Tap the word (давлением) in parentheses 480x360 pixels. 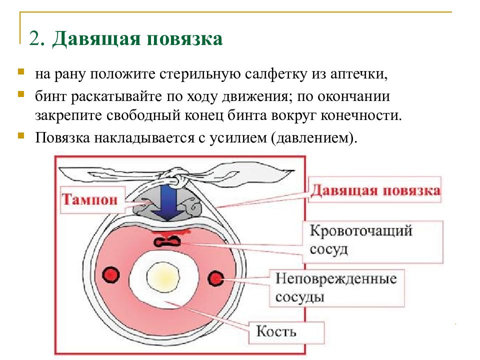point(314,138)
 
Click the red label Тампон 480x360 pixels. point(89,199)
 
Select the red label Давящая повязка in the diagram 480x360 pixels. point(375,190)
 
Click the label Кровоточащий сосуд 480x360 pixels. point(361,239)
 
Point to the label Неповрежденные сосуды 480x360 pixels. point(336,287)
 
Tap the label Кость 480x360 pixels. point(276,331)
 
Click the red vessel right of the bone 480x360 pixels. point(216,278)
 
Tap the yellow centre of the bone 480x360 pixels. point(162,277)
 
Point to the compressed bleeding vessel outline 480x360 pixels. point(167,242)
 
